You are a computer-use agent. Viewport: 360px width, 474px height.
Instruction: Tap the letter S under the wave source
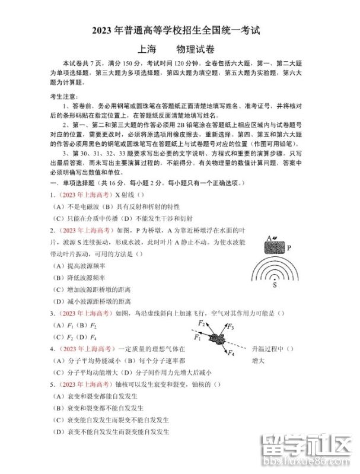275,285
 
